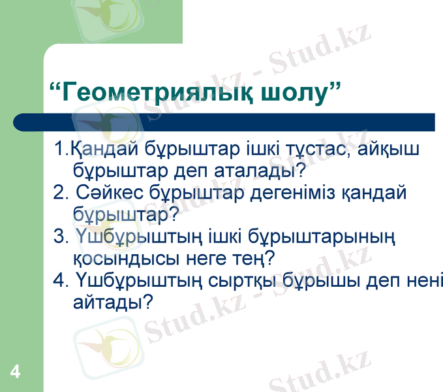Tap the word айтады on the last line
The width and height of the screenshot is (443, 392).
tap(109, 302)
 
